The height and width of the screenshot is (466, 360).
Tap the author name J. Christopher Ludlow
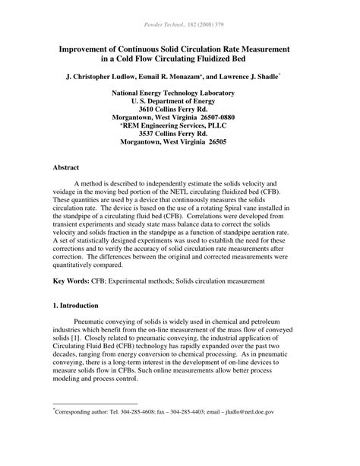[x=98, y=77]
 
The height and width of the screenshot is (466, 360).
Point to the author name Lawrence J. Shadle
[x=246, y=77]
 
